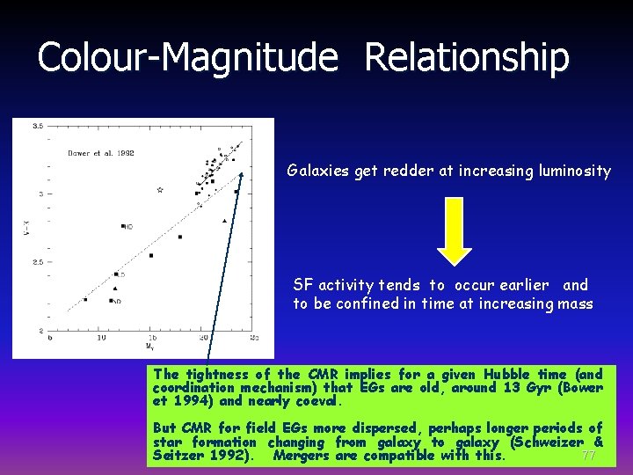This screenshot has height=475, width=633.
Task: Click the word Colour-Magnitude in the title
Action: (x=187, y=58)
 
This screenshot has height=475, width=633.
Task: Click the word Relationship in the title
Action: (x=466, y=58)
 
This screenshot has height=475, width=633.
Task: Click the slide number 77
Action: (x=588, y=456)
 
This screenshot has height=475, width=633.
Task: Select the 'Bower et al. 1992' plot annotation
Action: (x=101, y=153)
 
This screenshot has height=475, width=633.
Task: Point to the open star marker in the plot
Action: (x=159, y=189)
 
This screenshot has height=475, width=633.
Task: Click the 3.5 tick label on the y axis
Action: (x=37, y=127)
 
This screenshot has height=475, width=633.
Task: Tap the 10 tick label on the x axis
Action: (x=101, y=338)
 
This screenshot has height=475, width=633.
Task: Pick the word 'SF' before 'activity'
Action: (x=302, y=285)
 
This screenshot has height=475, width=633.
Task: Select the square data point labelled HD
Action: (x=124, y=226)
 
